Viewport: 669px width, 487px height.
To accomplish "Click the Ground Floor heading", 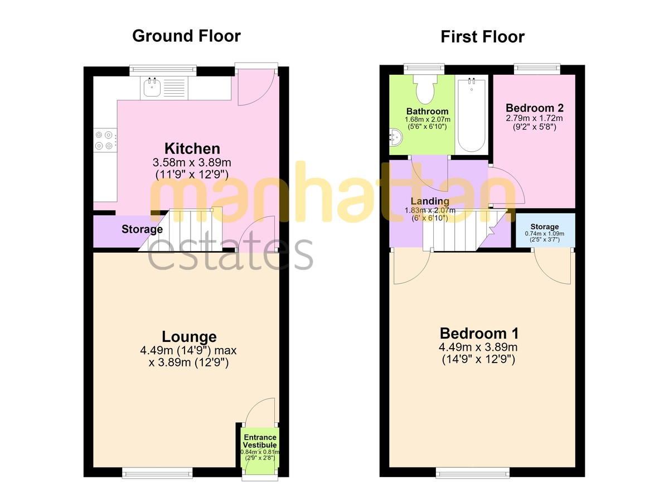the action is [186, 36].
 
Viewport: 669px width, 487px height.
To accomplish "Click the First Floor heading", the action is [482, 37].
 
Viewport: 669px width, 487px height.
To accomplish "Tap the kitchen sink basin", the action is [152, 87].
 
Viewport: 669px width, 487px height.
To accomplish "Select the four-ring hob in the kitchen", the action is [105, 140].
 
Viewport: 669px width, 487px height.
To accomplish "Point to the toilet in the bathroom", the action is [425, 89].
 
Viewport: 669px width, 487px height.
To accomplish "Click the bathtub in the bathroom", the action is [472, 115].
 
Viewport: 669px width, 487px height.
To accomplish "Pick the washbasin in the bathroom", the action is [396, 137].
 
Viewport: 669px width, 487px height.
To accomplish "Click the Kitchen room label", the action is [192, 148].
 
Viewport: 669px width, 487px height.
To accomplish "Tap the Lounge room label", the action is [189, 336].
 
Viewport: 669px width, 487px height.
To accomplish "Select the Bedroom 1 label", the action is [479, 334].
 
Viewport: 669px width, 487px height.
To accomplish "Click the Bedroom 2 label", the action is [535, 108].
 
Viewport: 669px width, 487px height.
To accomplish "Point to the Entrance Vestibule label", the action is [260, 441].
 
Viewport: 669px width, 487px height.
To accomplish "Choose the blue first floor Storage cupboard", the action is [545, 230].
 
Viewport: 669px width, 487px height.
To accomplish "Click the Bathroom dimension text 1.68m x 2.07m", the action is [428, 119].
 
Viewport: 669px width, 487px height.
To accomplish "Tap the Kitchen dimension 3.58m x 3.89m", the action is [192, 162].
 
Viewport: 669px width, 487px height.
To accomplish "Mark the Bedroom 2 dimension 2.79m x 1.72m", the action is [534, 118].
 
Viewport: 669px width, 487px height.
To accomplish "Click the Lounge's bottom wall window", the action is [157, 472].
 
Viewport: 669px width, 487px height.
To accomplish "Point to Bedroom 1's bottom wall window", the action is [473, 472].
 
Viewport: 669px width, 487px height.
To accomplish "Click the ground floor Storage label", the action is [142, 229].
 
